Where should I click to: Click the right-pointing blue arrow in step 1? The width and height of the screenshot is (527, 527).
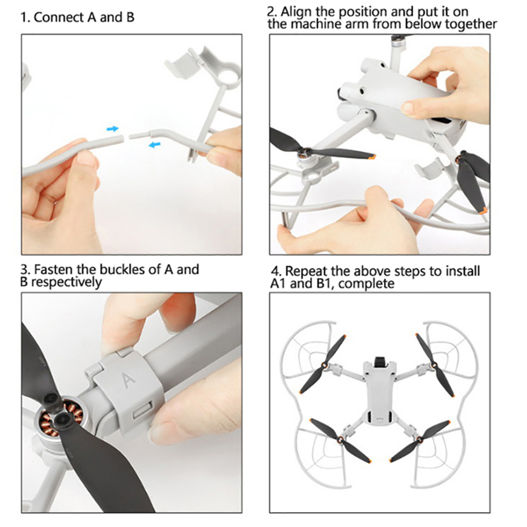(x=113, y=129)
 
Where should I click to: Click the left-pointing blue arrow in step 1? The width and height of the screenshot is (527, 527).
(x=155, y=145)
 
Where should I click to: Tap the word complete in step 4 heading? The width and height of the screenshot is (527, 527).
(x=367, y=284)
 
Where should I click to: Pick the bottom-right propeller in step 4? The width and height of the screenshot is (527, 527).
(x=420, y=440)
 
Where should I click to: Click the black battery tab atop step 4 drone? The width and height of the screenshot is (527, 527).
(x=380, y=360)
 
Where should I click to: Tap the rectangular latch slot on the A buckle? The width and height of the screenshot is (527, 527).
(x=143, y=410)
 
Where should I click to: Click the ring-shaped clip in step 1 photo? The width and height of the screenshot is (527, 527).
(x=229, y=71)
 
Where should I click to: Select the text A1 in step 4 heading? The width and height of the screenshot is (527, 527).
(x=278, y=284)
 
